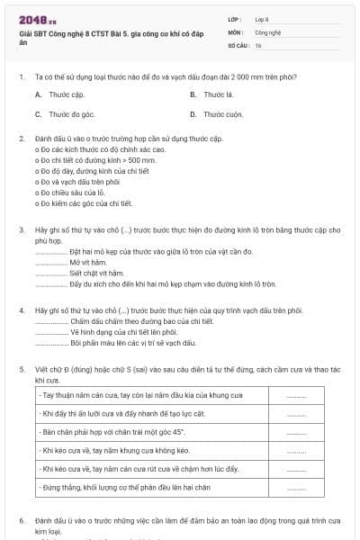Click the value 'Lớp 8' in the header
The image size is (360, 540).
pos(262,19)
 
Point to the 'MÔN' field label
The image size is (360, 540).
pos(234,31)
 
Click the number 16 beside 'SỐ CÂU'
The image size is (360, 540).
pos(258,44)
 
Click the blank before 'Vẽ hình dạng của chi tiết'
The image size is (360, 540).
pos(50,332)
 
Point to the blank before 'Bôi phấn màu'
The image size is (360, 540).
pos(50,343)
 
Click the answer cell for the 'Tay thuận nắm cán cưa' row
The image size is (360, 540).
pos(296,396)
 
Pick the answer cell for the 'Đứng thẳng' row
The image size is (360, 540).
pos(296,487)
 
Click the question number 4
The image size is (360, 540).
pos(21,310)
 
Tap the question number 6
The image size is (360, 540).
pos(21,520)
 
